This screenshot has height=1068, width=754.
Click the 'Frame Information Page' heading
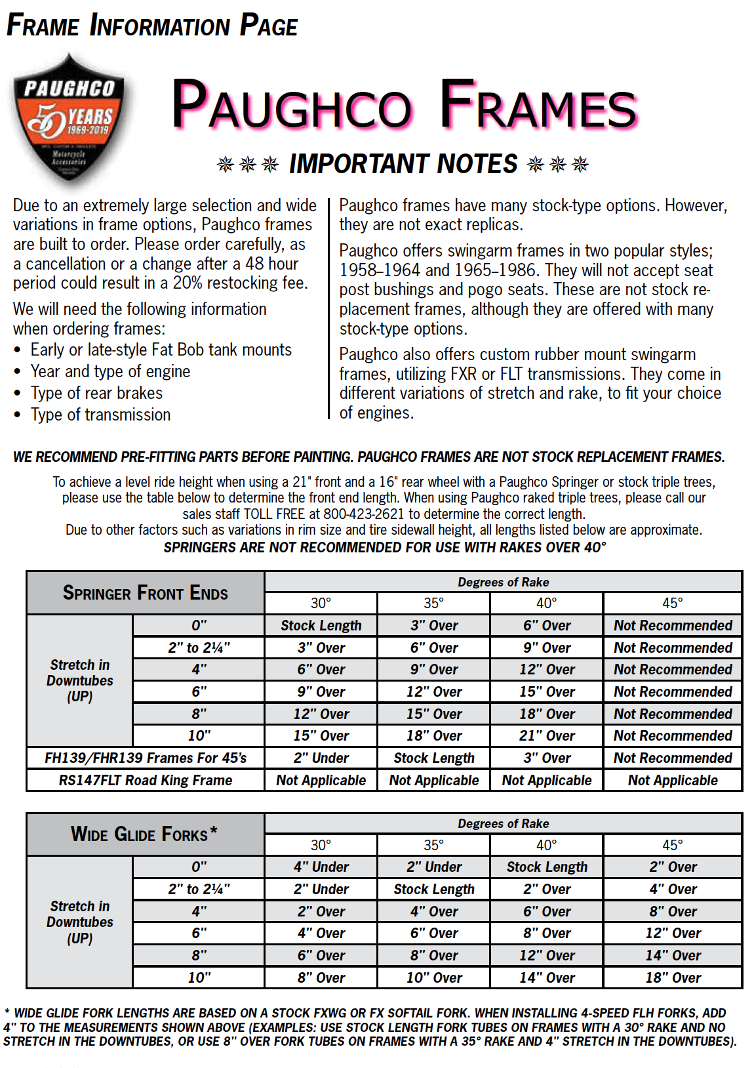point(152,26)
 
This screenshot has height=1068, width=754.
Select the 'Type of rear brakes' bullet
point(96,394)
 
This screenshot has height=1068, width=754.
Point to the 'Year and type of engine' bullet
point(110,372)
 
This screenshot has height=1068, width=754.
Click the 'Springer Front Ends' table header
point(145,593)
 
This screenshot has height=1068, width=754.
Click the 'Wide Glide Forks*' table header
point(145,834)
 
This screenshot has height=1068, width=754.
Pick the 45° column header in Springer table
point(672,604)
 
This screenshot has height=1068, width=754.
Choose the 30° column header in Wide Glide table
point(321,845)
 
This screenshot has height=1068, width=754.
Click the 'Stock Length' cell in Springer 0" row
point(321,626)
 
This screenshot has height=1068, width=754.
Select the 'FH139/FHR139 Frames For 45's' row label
point(145,758)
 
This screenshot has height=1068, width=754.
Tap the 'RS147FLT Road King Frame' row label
point(145,781)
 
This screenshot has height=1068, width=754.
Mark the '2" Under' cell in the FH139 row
point(321,758)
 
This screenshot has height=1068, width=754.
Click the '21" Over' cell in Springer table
point(547,736)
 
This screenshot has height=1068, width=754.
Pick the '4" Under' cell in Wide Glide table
point(321,867)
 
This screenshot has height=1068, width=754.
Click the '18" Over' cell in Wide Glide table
point(673,978)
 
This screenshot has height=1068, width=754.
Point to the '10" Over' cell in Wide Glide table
point(434,978)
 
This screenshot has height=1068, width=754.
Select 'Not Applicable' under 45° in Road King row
point(673,781)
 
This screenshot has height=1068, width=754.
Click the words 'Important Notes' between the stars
point(403,164)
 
